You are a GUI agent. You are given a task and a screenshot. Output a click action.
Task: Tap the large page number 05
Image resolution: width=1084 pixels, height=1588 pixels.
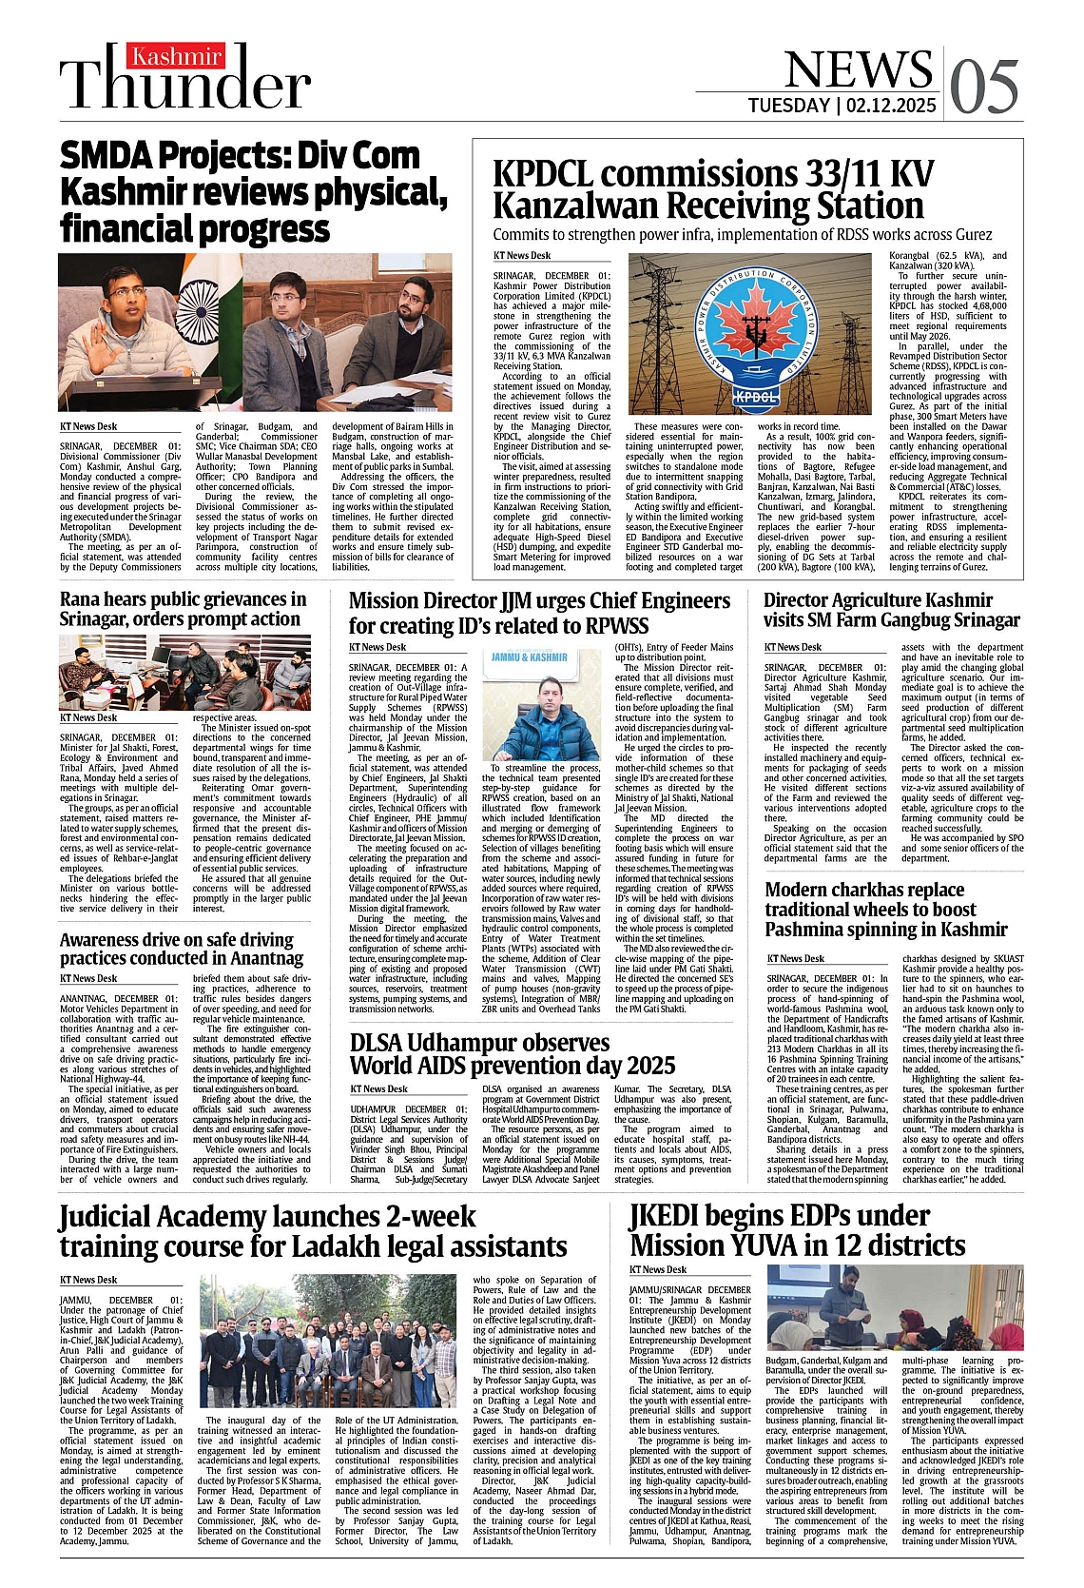(x=983, y=86)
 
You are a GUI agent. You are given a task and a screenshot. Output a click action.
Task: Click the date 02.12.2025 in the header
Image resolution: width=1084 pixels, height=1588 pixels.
(x=889, y=106)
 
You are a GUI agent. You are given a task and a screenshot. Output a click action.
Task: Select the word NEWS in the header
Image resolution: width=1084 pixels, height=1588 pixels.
(x=859, y=69)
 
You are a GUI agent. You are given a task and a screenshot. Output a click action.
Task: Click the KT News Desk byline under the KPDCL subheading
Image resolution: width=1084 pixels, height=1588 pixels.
(x=521, y=256)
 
